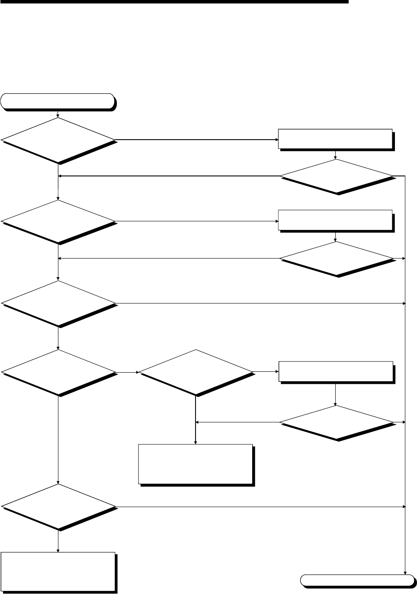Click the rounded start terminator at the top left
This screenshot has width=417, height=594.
tap(58, 101)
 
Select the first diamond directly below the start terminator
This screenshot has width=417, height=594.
tap(58, 140)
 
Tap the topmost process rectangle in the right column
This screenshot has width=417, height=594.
tap(335, 138)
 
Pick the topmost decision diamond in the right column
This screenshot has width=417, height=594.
tap(336, 176)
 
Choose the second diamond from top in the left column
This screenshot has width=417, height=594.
tap(58, 222)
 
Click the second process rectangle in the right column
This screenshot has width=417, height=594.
tap(335, 220)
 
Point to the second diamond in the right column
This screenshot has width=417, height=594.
tap(336, 259)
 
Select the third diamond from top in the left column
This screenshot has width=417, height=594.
tap(58, 303)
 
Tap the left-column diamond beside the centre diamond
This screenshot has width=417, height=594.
tap(58, 372)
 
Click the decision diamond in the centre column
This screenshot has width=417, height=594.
tap(196, 372)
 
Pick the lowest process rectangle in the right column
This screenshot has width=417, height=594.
tap(336, 371)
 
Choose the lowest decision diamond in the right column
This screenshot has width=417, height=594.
tap(336, 422)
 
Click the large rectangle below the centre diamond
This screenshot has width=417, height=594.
tap(196, 463)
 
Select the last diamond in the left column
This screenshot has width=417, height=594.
tap(58, 506)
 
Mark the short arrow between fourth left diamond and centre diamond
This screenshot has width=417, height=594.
tap(127, 372)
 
